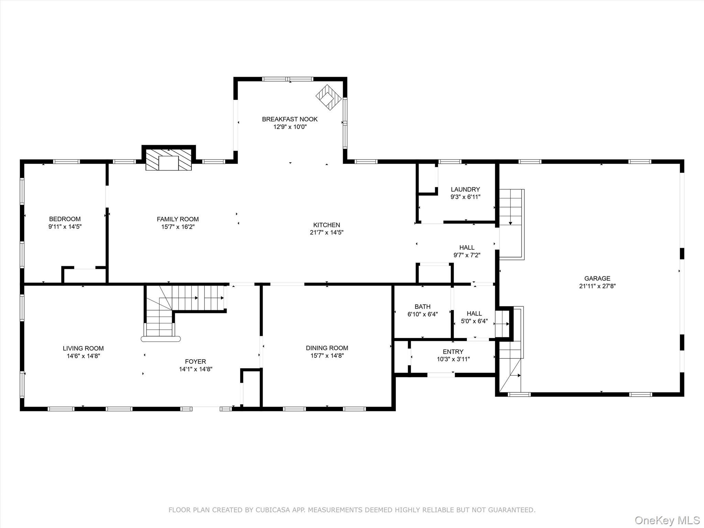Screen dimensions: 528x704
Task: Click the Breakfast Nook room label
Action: pyautogui.click(x=289, y=119)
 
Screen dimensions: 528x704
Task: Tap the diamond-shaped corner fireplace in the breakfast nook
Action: pyautogui.click(x=329, y=97)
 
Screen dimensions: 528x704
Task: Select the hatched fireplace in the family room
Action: pyautogui.click(x=168, y=159)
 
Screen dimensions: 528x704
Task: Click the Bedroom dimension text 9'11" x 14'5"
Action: pyautogui.click(x=65, y=227)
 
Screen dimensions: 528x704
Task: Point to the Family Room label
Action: pyautogui.click(x=177, y=219)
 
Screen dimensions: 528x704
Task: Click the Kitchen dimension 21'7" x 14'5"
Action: pyautogui.click(x=326, y=232)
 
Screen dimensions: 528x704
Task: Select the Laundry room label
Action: pyautogui.click(x=465, y=189)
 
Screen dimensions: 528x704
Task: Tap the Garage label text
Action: pyautogui.click(x=597, y=278)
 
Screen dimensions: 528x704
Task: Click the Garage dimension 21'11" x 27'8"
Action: pyautogui.click(x=597, y=286)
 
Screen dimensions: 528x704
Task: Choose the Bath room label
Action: pyautogui.click(x=422, y=307)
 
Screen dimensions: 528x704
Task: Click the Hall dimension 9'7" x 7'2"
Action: pyautogui.click(x=466, y=255)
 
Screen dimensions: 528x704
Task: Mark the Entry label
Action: pyautogui.click(x=453, y=352)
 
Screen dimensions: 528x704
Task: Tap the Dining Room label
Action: pyautogui.click(x=327, y=348)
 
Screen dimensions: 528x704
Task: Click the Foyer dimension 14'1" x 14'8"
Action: pyautogui.click(x=195, y=369)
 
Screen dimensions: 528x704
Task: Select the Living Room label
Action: pyautogui.click(x=83, y=348)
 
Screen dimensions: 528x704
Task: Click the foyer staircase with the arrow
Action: pyautogui.click(x=186, y=298)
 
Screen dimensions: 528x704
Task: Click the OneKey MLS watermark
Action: pyautogui.click(x=667, y=520)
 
